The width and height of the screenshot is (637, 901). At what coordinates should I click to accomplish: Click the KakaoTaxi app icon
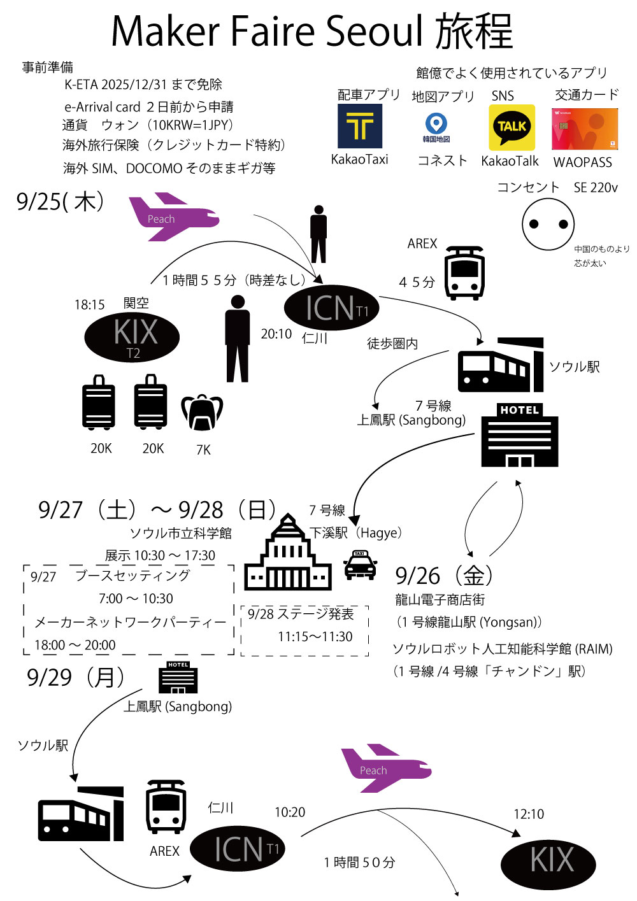coord(360,126)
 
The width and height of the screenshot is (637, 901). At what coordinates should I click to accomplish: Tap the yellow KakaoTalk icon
coord(512,127)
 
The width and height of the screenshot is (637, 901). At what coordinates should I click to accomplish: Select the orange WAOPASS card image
coord(584,129)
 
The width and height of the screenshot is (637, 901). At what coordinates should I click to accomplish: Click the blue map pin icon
coord(436,124)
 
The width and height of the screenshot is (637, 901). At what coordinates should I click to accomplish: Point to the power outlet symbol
coord(548,224)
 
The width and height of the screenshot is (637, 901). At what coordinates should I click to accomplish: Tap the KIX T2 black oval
coord(132,337)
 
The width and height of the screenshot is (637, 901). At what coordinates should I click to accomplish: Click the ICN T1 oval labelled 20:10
coord(331,308)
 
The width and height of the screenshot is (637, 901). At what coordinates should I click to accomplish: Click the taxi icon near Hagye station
coord(360,565)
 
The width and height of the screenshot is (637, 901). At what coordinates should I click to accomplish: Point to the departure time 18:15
coord(89,305)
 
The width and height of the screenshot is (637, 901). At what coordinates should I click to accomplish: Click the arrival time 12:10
coord(529,814)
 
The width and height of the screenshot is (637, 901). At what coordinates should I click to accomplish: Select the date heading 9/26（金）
coord(445,576)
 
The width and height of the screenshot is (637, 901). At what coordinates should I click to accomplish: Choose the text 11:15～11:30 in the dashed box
coord(315,637)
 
